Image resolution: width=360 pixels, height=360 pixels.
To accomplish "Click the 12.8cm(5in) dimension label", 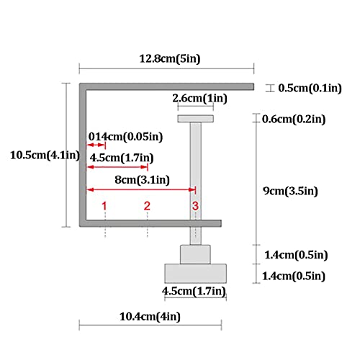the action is pos(170,59).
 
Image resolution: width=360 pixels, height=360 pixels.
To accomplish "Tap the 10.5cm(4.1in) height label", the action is pos(45,156).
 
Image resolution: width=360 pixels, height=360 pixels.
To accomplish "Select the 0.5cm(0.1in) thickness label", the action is pos(310,88).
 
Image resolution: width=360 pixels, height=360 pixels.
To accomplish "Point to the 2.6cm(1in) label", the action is pos(199,98).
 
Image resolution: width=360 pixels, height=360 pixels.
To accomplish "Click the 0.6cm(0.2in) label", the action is pos(294,119).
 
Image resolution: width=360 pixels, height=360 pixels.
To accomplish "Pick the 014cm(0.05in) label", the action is pos(125,137).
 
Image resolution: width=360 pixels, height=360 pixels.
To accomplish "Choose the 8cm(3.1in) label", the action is pos(142,180).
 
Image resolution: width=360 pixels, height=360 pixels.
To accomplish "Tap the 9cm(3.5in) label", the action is pos(290,191).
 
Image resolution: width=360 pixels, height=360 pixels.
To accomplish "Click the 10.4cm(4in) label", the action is pos(150,317).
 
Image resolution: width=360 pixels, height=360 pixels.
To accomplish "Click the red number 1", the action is pos(104,206).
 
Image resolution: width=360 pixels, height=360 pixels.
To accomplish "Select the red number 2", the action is pos(147,206).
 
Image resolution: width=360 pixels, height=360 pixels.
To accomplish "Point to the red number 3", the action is pos(195,206).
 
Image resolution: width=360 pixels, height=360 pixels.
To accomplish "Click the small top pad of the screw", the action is pos(196,119).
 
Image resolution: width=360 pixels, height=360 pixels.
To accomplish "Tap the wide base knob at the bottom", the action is pos(196,274).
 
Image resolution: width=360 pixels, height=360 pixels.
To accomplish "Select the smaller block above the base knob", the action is pos(196,254).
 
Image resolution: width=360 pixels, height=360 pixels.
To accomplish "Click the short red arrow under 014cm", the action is pos(96,145).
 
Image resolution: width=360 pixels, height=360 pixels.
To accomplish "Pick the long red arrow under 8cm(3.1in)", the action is pos(141,190).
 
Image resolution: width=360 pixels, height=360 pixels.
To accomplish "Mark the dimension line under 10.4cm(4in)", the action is pos(150,325).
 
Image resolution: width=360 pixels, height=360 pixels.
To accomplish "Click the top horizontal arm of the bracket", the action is pos(166,86).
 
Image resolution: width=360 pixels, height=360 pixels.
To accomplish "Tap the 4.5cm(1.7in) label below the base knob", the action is pos(194,291).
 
